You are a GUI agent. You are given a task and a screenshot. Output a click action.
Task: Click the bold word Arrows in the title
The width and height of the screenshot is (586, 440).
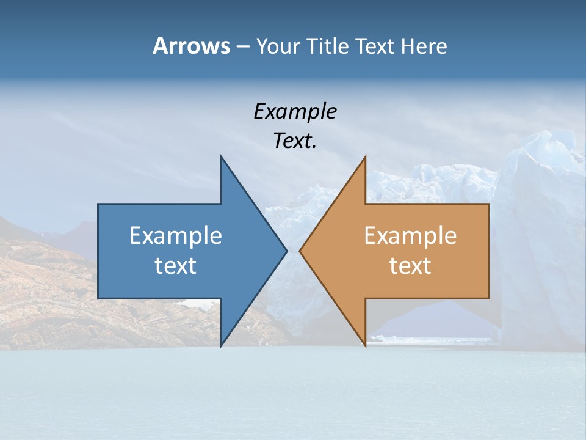pyautogui.click(x=190, y=46)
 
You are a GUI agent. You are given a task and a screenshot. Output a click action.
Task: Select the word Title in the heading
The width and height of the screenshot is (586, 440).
pyautogui.click(x=330, y=46)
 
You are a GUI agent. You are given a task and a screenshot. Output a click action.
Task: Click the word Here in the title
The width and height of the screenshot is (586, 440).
pyautogui.click(x=424, y=46)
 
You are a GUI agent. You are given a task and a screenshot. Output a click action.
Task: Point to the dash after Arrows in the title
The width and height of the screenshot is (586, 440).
pyautogui.click(x=242, y=46)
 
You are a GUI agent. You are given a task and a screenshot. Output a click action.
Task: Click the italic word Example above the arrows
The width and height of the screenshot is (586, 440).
pyautogui.click(x=295, y=112)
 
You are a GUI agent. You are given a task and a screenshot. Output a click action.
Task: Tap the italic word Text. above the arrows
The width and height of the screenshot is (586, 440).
pyautogui.click(x=295, y=141)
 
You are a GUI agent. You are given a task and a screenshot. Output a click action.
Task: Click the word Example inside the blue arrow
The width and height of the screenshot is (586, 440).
pyautogui.click(x=176, y=235)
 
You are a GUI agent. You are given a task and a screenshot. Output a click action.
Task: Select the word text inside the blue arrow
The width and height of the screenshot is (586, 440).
pyautogui.click(x=176, y=265)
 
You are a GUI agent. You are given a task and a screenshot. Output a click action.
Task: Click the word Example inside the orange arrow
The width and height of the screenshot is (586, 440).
pyautogui.click(x=410, y=235)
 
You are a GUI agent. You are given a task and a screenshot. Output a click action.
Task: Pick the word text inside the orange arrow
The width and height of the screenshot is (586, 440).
pyautogui.click(x=410, y=265)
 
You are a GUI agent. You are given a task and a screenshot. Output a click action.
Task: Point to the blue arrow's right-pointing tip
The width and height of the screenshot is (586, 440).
pyautogui.click(x=287, y=251)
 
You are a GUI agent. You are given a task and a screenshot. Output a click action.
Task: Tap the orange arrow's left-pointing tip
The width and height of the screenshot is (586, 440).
pyautogui.click(x=300, y=251)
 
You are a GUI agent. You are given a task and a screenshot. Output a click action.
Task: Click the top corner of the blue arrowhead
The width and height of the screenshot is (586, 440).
pyautogui.click(x=221, y=156)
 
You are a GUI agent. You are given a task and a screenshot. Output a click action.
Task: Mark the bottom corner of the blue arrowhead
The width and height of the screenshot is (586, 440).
pyautogui.click(x=221, y=346)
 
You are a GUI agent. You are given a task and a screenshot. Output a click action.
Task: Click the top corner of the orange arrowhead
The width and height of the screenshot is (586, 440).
pyautogui.click(x=366, y=156)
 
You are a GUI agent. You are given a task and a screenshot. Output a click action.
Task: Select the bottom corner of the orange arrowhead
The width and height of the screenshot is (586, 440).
pyautogui.click(x=366, y=346)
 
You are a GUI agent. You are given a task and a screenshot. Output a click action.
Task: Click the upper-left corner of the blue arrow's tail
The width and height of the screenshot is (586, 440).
pyautogui.click(x=98, y=204)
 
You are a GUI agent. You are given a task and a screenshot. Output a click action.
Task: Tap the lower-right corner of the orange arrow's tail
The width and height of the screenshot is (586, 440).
pyautogui.click(x=488, y=298)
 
